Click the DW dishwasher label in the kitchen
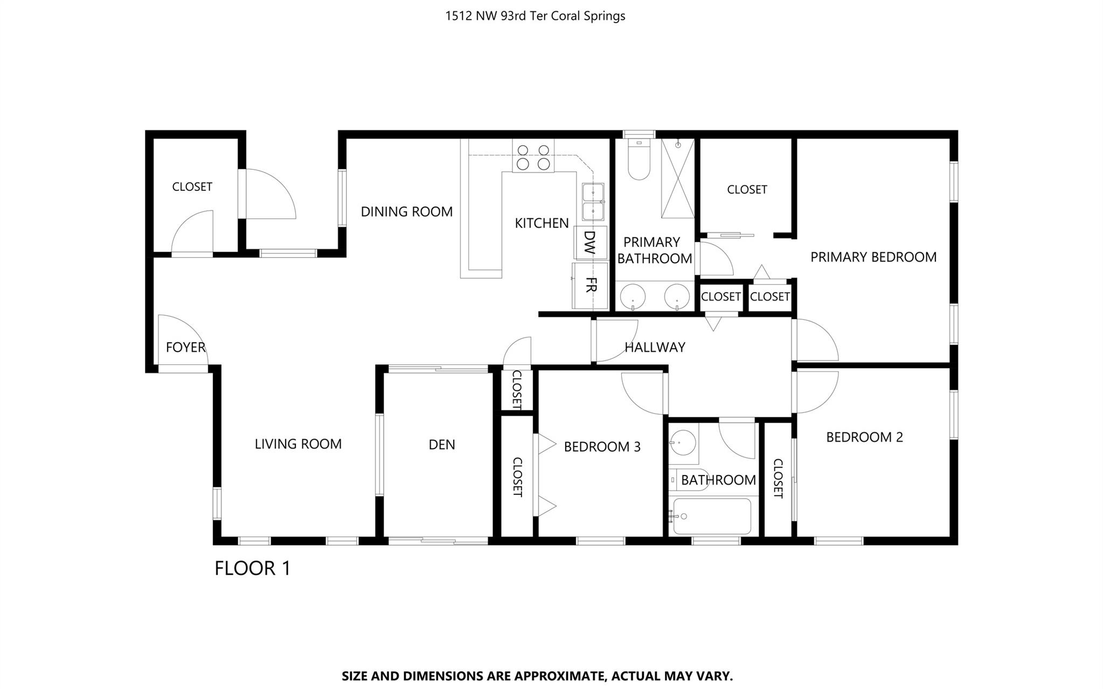pos(589,243)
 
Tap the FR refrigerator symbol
pos(590,285)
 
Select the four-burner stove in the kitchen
pos(533,157)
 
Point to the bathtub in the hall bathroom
pos(712,516)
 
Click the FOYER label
pos(185,347)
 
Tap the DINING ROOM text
pos(406,212)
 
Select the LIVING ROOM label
pos(298,444)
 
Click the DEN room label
pos(441,444)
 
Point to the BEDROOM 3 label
pos(602,446)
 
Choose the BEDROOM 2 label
pos(864,437)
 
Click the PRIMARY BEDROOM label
pos(873,257)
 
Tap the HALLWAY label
pos(655,347)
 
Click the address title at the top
pos(535,16)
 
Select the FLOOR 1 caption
pos(252,568)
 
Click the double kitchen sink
pos(593,202)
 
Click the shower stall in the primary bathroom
pos(677,178)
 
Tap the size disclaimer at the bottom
pos(537,676)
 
